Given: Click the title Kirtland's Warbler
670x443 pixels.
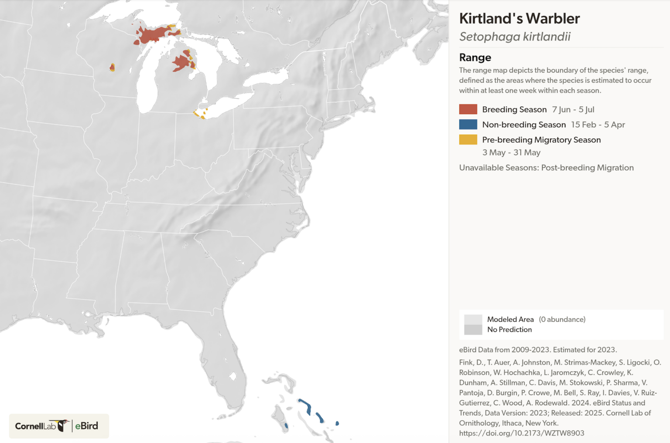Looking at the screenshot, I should click(519, 19).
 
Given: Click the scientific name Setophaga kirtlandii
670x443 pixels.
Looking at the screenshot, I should click(515, 37).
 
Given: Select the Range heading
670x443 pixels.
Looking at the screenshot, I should click(475, 57).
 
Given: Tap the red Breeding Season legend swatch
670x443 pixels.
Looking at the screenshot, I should click(468, 109).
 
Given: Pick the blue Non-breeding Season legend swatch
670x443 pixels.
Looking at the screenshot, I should click(468, 125).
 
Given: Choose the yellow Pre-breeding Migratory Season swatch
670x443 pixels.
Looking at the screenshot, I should click(468, 140).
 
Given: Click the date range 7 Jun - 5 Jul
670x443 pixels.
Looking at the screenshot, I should click(573, 110).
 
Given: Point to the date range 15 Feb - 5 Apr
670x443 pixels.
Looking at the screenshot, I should click(598, 125).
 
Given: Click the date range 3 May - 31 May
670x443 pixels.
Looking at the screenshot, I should click(511, 152).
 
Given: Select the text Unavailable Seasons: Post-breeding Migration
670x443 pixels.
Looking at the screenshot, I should click(546, 168).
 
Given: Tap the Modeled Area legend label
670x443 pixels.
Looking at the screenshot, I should click(510, 319).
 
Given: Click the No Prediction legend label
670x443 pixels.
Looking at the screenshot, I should click(509, 330).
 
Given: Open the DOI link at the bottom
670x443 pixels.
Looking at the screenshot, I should click(521, 433).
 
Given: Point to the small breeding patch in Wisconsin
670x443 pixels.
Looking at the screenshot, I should click(112, 67).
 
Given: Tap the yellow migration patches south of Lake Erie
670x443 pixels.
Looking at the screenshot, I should click(198, 114).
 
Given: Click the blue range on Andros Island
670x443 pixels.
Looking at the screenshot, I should click(286, 425).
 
